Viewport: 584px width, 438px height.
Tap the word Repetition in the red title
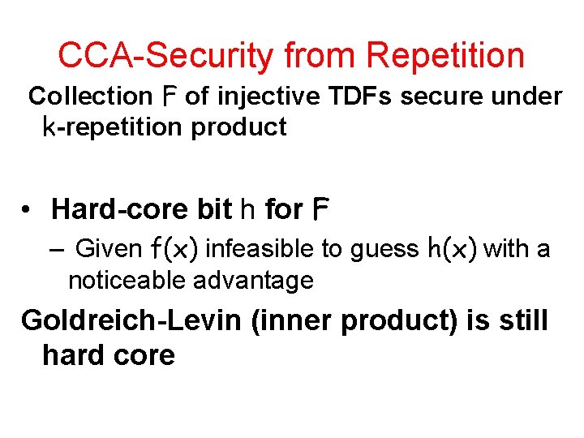(x=445, y=55)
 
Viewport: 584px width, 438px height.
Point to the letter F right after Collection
(x=167, y=97)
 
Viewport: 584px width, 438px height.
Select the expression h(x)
(x=453, y=249)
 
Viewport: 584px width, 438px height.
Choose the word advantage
(x=255, y=281)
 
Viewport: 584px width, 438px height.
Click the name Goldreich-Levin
(x=131, y=320)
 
